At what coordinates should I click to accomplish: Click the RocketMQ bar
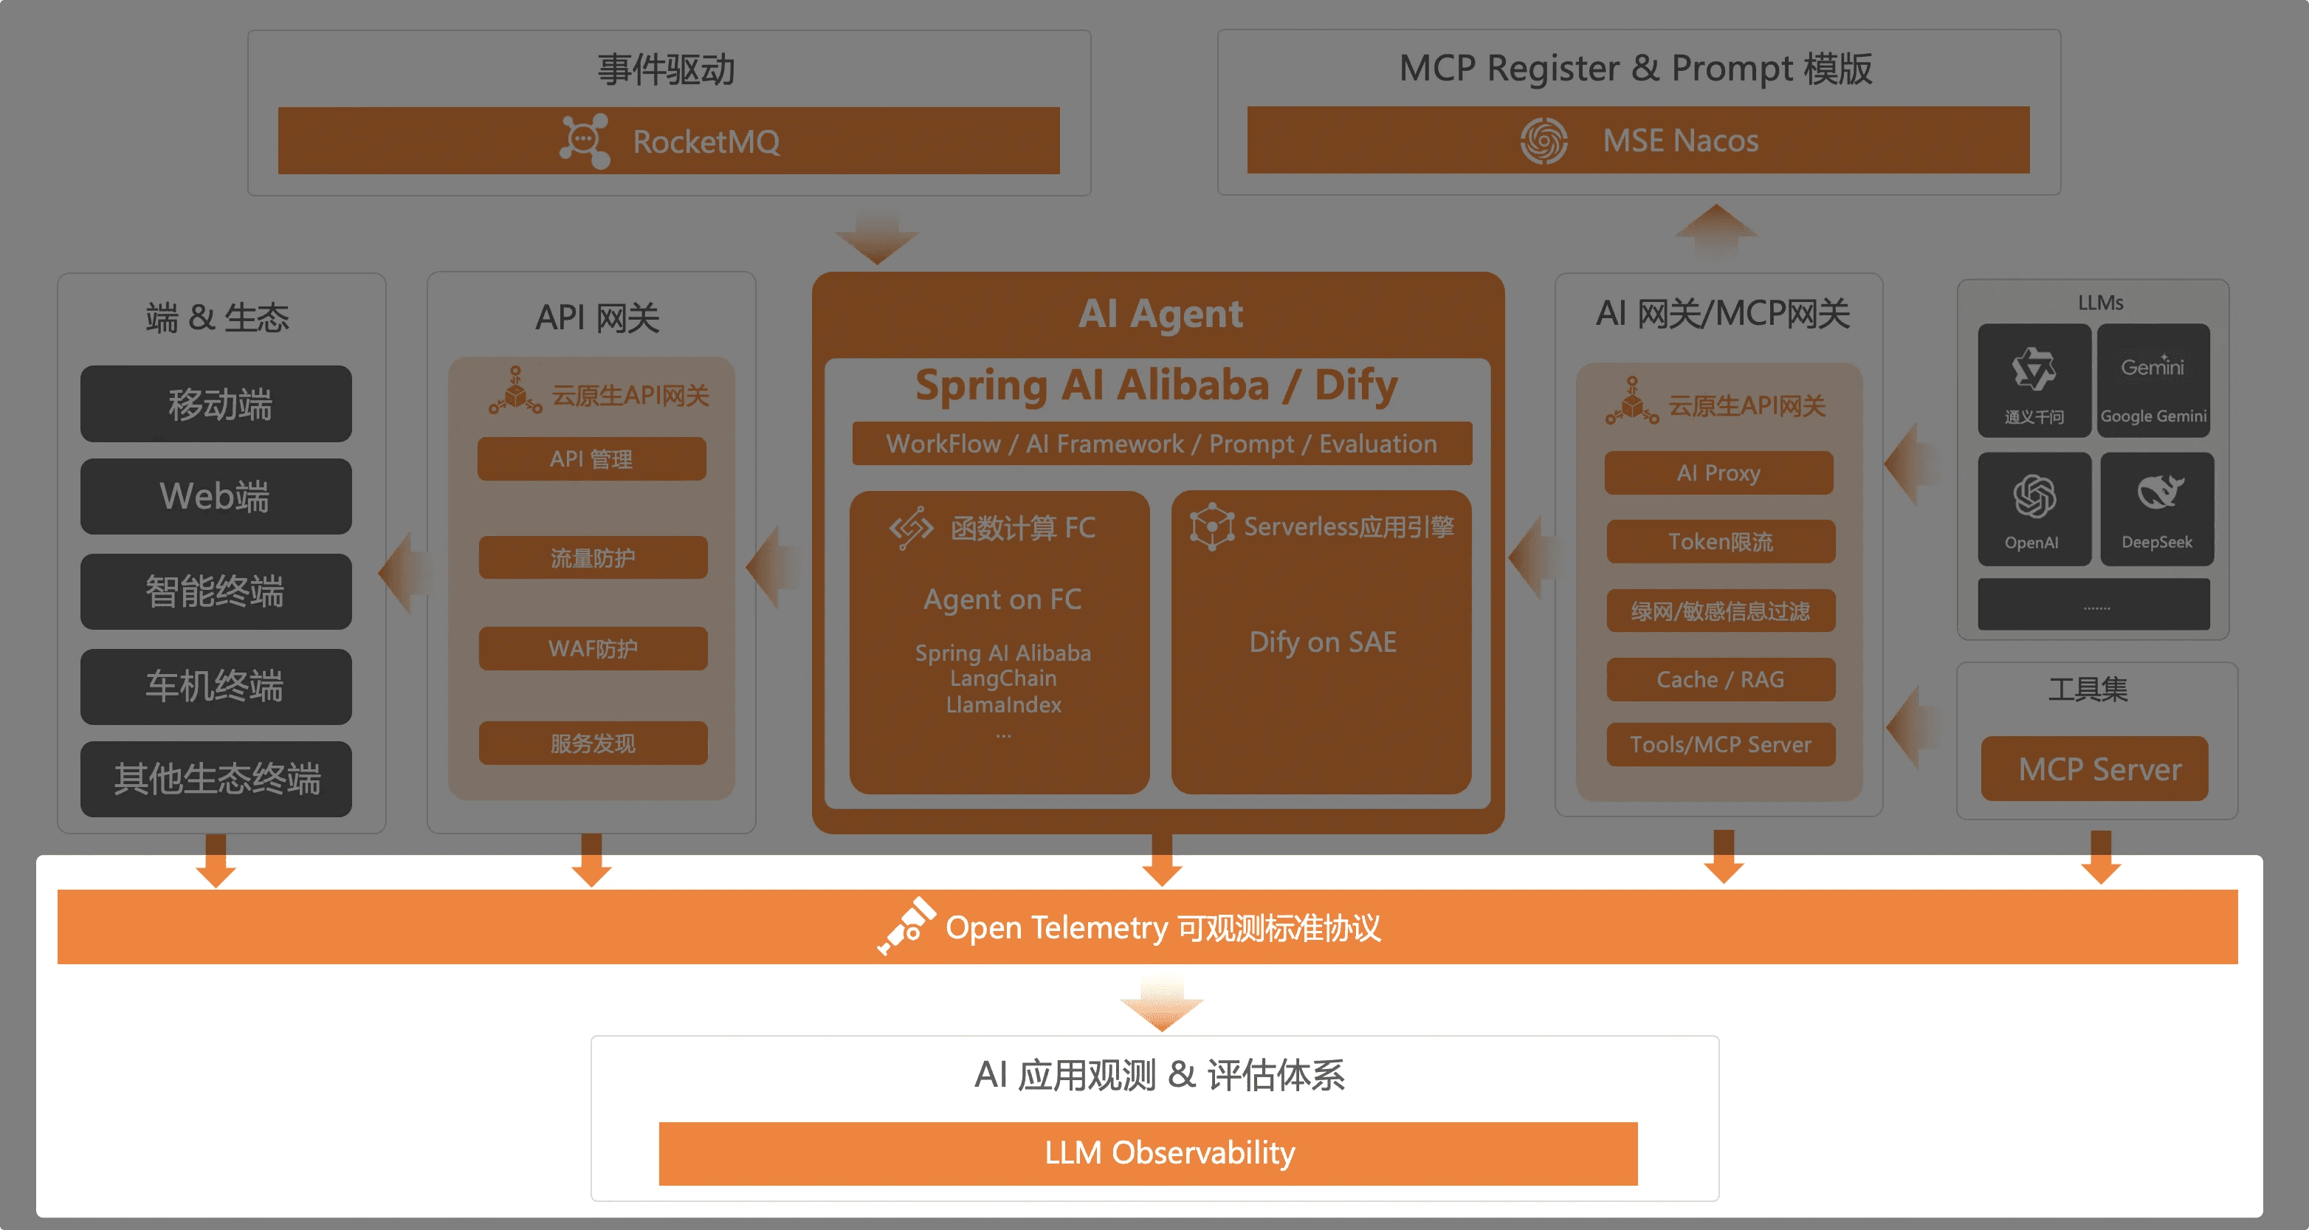click(669, 141)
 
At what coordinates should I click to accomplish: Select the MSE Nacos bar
click(1637, 140)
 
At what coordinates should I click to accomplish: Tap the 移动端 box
click(216, 403)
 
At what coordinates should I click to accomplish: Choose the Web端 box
click(216, 497)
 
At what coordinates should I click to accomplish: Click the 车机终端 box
click(216, 687)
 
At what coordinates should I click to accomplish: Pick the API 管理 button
click(591, 459)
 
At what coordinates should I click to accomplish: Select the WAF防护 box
click(593, 648)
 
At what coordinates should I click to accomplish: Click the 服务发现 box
click(593, 743)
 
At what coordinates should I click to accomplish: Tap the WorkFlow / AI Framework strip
click(1162, 444)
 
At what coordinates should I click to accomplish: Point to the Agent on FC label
click(1003, 599)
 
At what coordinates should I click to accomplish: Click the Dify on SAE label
click(1323, 642)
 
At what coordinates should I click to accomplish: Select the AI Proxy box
click(1719, 473)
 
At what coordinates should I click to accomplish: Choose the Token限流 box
click(1721, 541)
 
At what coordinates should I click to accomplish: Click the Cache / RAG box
click(1721, 679)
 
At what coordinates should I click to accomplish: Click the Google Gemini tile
click(2153, 380)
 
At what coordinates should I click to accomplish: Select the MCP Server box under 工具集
click(2095, 769)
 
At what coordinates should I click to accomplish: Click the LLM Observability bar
click(1149, 1153)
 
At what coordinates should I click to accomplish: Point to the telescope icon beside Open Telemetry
click(906, 926)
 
